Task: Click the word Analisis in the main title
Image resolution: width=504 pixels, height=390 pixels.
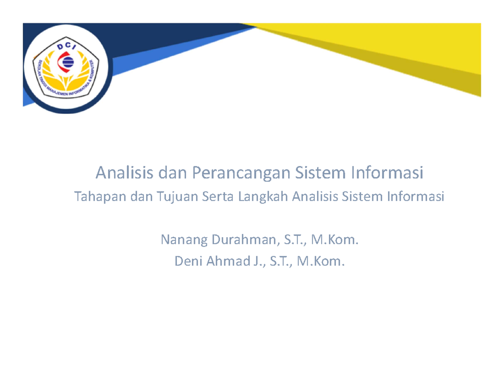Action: pyautogui.click(x=121, y=173)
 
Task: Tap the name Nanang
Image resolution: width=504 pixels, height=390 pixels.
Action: pyautogui.click(x=184, y=241)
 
